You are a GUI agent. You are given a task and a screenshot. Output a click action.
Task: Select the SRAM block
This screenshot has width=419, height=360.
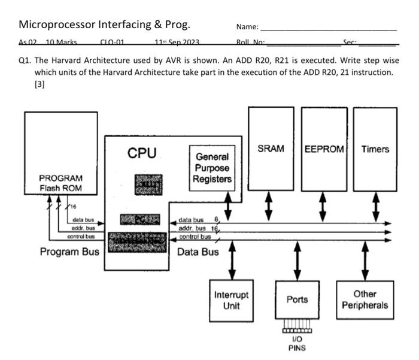click(x=271, y=149)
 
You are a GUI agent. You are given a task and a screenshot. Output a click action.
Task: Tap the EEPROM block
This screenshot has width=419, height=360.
click(x=324, y=149)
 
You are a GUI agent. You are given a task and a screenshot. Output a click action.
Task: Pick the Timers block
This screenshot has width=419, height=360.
click(x=375, y=149)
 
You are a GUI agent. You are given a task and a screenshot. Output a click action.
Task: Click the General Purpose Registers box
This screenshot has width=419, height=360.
click(x=212, y=169)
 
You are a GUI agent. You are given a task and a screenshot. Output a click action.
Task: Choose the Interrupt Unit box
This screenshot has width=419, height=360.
click(x=231, y=301)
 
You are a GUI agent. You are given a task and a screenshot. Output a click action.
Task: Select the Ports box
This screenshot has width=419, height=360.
click(x=297, y=300)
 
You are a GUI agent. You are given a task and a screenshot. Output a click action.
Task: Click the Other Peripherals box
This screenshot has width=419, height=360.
click(x=365, y=300)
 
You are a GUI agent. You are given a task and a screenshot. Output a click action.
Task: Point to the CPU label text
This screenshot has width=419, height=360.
click(x=141, y=153)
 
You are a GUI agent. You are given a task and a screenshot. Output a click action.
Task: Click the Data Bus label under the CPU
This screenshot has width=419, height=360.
click(x=198, y=252)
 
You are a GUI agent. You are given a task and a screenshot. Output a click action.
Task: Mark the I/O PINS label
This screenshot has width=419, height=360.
click(x=297, y=344)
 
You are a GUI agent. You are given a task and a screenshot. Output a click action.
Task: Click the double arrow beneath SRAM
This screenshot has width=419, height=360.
click(x=269, y=205)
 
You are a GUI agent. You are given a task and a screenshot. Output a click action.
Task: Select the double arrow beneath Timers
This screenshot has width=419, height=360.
click(x=375, y=205)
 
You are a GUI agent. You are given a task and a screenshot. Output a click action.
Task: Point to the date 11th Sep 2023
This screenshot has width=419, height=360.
click(x=177, y=43)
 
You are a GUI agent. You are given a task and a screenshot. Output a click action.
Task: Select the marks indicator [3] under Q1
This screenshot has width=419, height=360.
click(x=40, y=84)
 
